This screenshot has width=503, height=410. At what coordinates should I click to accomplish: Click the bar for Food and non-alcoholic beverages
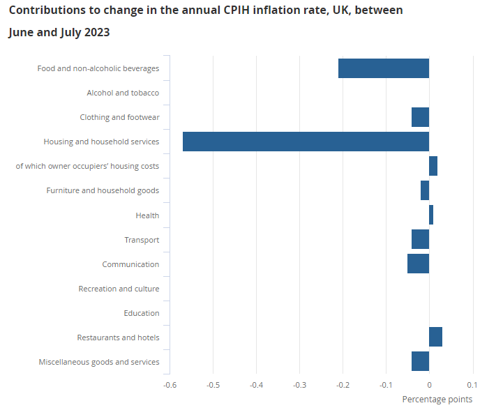[384, 68]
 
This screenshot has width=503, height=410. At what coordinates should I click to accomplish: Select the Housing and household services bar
[306, 142]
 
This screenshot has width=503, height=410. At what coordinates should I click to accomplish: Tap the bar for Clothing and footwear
[420, 117]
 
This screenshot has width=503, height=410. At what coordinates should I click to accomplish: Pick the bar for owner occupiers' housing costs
[433, 166]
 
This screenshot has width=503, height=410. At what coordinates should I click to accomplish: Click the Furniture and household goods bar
[425, 190]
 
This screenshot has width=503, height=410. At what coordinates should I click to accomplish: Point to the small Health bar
[431, 215]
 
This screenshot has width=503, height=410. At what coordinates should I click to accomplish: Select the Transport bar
[420, 239]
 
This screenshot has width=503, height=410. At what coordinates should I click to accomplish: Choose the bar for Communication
[418, 264]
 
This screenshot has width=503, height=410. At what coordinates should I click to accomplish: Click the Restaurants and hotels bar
[435, 337]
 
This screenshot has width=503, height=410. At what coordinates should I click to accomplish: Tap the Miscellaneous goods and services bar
[420, 361]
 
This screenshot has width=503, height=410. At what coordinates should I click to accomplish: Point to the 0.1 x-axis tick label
[472, 384]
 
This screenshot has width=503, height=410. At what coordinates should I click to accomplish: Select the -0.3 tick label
[299, 384]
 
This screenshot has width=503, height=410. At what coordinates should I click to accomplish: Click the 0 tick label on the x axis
[429, 384]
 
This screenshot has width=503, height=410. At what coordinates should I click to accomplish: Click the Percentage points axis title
[437, 400]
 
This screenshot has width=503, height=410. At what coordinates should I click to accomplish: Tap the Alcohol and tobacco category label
[123, 93]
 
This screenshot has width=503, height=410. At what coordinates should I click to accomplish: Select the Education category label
[142, 313]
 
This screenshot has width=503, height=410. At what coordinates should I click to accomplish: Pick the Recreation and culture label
[119, 289]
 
